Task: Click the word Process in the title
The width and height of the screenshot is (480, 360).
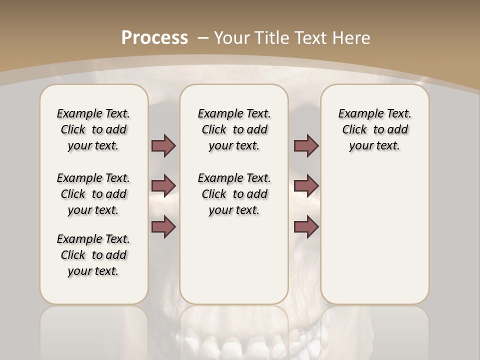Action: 154,37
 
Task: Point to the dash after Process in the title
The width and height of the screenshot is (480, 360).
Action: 203,38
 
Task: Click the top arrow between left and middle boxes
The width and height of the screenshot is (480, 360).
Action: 163,146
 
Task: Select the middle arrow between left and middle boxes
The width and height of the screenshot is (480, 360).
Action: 163,186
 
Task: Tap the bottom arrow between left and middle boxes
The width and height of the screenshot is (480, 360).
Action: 163,227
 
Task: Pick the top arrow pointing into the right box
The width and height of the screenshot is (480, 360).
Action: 306,146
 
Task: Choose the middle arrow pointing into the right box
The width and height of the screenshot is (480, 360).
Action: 306,186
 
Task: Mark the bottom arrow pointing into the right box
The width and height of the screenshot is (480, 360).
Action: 306,227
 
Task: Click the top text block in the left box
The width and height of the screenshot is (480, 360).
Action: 93,129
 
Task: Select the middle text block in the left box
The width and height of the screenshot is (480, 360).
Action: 93,194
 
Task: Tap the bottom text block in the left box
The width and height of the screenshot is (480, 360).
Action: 93,255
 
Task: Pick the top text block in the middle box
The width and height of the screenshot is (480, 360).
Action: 234,129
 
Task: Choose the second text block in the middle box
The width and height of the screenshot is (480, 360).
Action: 234,194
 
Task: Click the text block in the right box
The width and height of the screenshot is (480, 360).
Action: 374,129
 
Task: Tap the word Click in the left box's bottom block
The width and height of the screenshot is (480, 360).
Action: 73,255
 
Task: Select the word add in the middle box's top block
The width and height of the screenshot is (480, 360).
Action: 257,130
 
